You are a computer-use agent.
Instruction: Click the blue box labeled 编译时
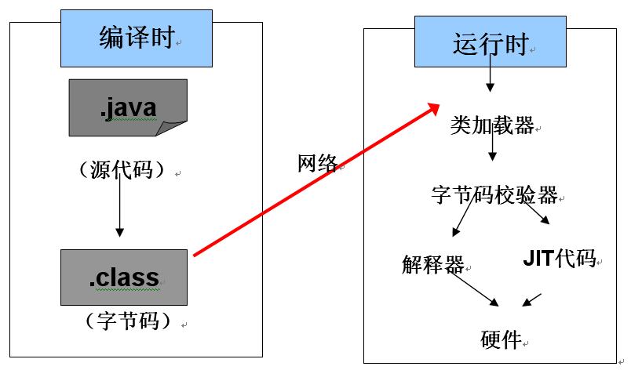pyautogui.click(x=137, y=38)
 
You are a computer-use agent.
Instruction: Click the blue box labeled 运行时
pyautogui.click(x=490, y=43)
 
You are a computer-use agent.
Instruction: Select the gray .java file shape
pyautogui.click(x=128, y=107)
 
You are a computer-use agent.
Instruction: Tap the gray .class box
pyautogui.click(x=124, y=277)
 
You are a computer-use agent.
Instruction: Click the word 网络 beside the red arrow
pyautogui.click(x=317, y=163)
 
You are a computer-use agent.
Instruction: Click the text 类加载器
pyautogui.click(x=492, y=125)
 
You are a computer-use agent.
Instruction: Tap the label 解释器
pyautogui.click(x=432, y=263)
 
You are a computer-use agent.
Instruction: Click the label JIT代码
pyautogui.click(x=559, y=259)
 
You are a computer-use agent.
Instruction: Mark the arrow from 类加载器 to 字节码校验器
pyautogui.click(x=492, y=147)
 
